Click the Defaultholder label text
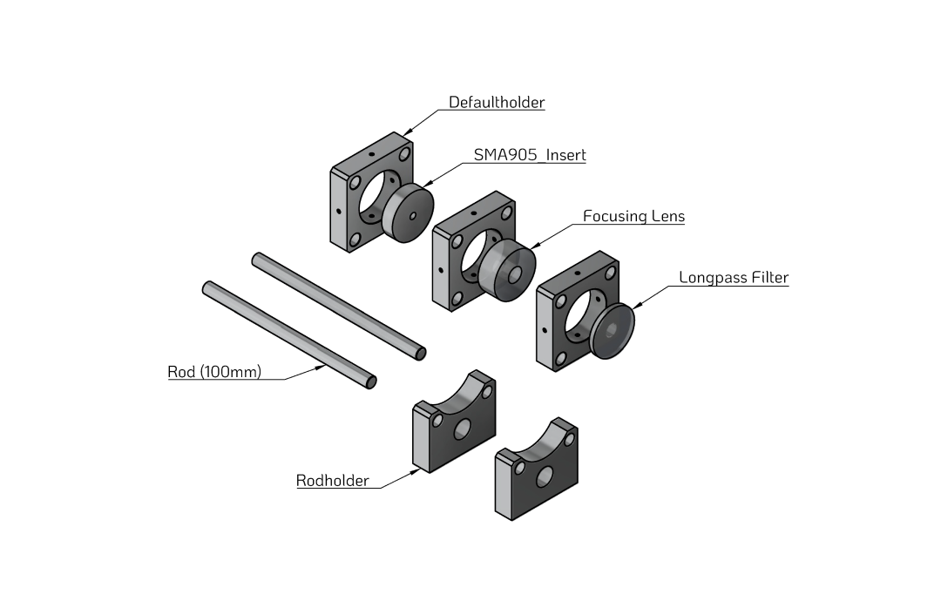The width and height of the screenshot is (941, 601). (x=497, y=103)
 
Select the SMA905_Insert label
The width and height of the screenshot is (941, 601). (x=530, y=155)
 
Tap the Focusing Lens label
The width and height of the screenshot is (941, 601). (x=633, y=216)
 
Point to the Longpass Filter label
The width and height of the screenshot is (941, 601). (x=734, y=278)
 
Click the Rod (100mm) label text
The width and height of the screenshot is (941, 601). (x=214, y=372)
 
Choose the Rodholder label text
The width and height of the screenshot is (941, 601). (x=332, y=480)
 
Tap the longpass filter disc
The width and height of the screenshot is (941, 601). (x=613, y=329)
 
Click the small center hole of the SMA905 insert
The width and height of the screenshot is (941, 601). (x=413, y=215)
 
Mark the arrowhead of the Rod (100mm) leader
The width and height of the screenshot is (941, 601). (x=324, y=368)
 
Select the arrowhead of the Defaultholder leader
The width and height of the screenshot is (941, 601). (x=407, y=132)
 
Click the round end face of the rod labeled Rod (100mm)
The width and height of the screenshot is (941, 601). (x=371, y=382)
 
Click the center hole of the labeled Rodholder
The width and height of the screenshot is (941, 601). (x=462, y=428)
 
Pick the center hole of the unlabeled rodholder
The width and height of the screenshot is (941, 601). (x=545, y=476)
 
